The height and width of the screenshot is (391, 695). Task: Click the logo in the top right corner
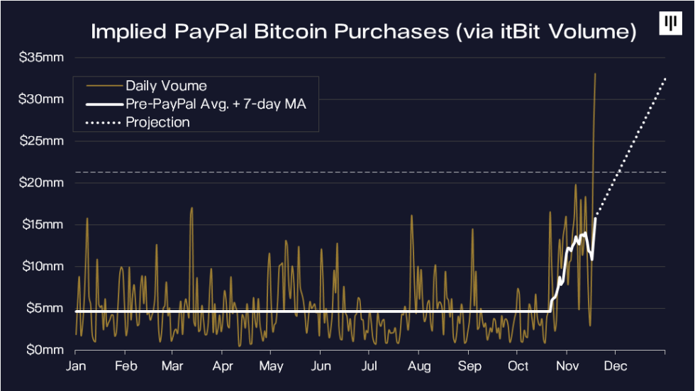(668, 23)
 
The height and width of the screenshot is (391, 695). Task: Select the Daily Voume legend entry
(166, 86)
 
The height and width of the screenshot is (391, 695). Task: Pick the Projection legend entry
(157, 122)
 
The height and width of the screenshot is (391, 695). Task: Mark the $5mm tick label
(45, 309)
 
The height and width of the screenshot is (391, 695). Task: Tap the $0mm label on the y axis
(45, 351)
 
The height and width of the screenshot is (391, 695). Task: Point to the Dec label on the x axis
(615, 366)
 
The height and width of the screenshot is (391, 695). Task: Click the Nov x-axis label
(566, 366)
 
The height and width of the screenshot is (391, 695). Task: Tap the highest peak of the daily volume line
(595, 73)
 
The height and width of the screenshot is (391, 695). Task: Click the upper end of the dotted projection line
(665, 79)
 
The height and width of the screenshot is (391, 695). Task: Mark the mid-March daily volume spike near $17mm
(191, 208)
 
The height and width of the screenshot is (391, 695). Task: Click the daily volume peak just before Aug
(411, 215)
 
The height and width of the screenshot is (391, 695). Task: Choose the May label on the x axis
(271, 366)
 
